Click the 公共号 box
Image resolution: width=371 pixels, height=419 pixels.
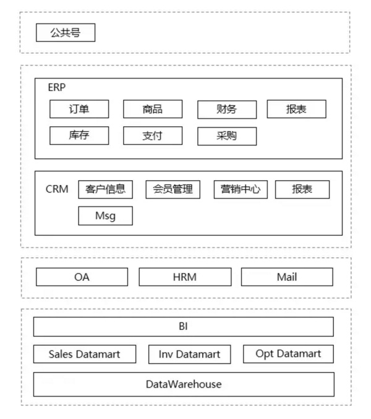(x=66, y=33)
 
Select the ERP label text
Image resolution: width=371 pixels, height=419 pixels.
(x=57, y=87)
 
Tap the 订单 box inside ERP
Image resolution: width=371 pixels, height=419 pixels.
(x=79, y=109)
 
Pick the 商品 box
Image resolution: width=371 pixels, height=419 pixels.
(x=153, y=109)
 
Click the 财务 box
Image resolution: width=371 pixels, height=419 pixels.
(x=227, y=110)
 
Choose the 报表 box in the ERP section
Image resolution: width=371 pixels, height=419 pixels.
(x=297, y=109)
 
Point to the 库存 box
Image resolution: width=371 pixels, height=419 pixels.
(x=79, y=136)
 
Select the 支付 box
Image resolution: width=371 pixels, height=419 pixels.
(x=153, y=136)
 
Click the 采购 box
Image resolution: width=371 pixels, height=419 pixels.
(x=227, y=136)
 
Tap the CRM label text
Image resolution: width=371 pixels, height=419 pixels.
(x=57, y=189)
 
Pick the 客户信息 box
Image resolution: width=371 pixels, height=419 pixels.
(x=106, y=189)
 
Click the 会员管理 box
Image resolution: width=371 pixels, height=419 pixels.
(x=173, y=189)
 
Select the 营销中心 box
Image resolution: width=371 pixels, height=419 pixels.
(x=241, y=189)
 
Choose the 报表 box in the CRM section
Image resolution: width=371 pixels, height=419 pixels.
(x=302, y=189)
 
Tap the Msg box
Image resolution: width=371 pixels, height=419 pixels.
(x=106, y=215)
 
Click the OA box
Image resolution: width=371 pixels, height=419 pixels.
(x=82, y=277)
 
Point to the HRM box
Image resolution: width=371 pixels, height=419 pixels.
(x=185, y=277)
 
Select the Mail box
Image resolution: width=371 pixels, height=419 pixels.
(x=287, y=277)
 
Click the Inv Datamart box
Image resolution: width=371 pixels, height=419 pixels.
(x=189, y=355)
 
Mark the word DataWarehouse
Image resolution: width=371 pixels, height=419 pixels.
(x=184, y=384)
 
